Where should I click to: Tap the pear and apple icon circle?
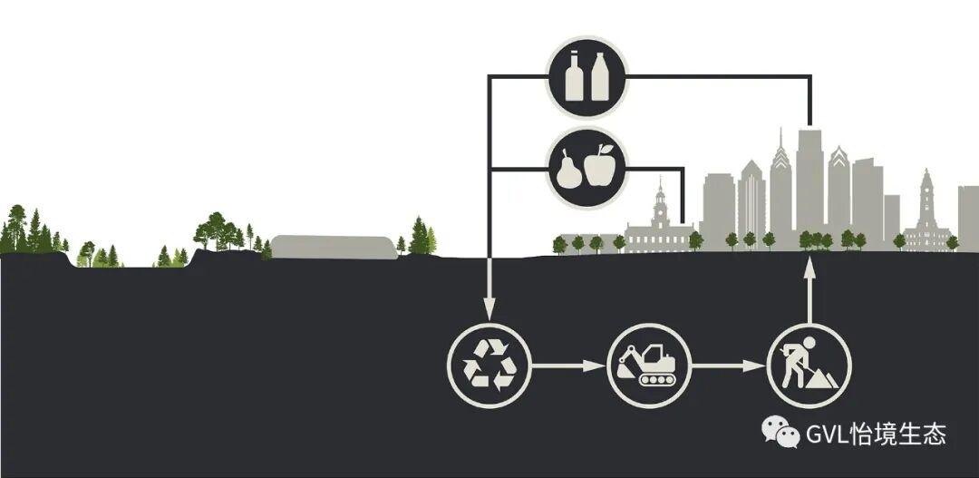[586, 167]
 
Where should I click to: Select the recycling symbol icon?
[489, 366]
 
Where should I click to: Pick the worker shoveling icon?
[809, 366]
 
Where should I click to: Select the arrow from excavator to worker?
[728, 366]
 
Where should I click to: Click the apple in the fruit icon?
[599, 167]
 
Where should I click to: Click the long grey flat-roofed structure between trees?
[334, 247]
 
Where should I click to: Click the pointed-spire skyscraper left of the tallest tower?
[780, 190]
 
